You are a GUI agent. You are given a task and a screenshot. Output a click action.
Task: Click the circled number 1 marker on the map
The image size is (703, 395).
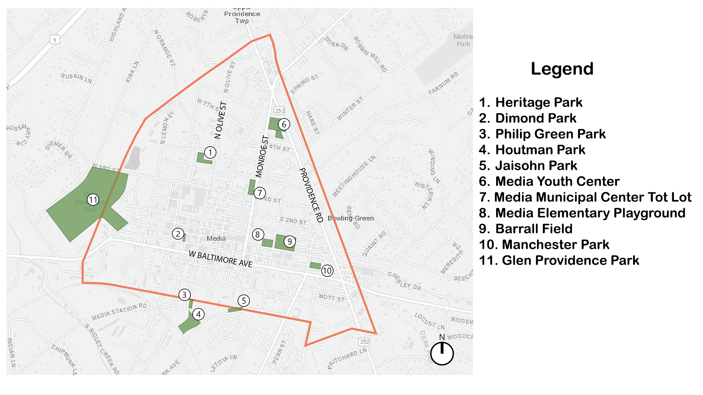pyautogui.click(x=210, y=153)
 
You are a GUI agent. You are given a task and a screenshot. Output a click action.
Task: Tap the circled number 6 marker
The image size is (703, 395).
pyautogui.click(x=284, y=124)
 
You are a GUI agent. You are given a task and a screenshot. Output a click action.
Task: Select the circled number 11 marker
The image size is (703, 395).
pyautogui.click(x=93, y=200)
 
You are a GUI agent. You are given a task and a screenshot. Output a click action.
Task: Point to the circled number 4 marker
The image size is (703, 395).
pyautogui.click(x=198, y=314)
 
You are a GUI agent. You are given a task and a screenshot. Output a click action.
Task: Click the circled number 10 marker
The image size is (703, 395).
pyautogui.click(x=327, y=271)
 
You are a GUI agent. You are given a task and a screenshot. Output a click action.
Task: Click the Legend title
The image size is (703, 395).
pyautogui.click(x=562, y=69)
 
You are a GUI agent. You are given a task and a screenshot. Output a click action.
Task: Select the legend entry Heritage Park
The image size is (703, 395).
pyautogui.click(x=531, y=102)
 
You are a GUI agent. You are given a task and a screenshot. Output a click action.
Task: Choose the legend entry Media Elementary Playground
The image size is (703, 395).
pyautogui.click(x=582, y=213)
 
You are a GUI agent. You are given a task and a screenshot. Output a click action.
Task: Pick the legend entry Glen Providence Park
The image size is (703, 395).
pyautogui.click(x=559, y=260)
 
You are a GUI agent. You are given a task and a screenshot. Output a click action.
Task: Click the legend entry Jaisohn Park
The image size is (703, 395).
pyautogui.click(x=528, y=166)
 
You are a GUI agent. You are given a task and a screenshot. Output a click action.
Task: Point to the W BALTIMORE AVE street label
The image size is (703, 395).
pyautogui.click(x=220, y=259)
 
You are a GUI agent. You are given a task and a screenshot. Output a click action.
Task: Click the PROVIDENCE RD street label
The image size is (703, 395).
pyautogui.click(x=311, y=195)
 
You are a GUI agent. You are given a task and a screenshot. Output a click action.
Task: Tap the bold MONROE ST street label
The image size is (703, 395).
pyautogui.click(x=262, y=157)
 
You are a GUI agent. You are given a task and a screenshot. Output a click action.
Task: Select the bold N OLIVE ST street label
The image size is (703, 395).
pyautogui.click(x=220, y=120)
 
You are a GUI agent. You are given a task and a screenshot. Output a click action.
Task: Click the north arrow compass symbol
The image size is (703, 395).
pyautogui.click(x=442, y=353)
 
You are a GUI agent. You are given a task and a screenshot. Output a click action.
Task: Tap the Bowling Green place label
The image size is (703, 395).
pyautogui.click(x=351, y=218)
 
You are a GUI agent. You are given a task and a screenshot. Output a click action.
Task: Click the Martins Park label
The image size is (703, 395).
pyautogui.click(x=463, y=40)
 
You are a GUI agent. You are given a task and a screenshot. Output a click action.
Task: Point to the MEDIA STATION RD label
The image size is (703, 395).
pyautogui.click(x=119, y=312)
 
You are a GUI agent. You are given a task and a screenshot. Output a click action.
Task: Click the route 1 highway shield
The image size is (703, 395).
pyautogui.click(x=55, y=40)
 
